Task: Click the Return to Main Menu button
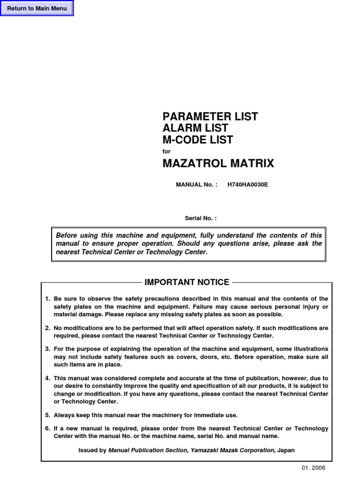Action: [x=37, y=8]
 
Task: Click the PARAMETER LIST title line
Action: [x=210, y=117]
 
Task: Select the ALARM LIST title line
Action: [x=195, y=128]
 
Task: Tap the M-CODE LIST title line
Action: [x=197, y=140]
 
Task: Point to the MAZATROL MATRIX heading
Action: [x=218, y=164]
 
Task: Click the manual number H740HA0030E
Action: [x=247, y=185]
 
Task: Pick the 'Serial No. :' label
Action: [x=201, y=218]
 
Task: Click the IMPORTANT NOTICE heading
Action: [x=187, y=282]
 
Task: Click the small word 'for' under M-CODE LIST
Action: [x=166, y=151]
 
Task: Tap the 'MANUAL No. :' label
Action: [x=196, y=185]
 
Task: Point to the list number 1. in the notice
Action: [x=47, y=299]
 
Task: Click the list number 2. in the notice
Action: [x=47, y=328]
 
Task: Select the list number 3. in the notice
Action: [x=47, y=349]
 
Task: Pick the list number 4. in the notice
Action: [x=47, y=378]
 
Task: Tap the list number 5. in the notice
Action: [x=47, y=415]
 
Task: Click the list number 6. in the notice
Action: [x=47, y=429]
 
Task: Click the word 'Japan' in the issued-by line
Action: [x=286, y=450]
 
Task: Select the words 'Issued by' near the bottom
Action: [x=92, y=450]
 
